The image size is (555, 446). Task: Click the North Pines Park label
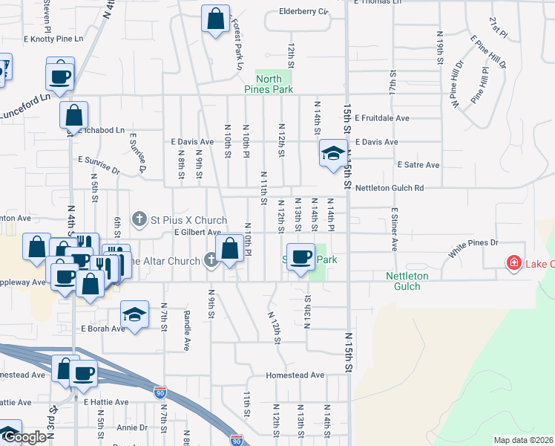click(x=273, y=83)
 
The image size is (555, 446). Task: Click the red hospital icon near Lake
click(x=513, y=262)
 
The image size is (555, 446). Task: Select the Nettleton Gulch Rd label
click(x=388, y=188)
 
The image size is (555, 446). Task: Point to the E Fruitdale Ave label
click(x=382, y=118)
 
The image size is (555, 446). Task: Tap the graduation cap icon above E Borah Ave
click(x=134, y=314)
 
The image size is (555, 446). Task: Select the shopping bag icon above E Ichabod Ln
click(x=74, y=115)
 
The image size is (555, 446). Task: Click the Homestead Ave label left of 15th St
click(x=295, y=375)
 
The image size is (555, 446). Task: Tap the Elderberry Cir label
click(x=303, y=11)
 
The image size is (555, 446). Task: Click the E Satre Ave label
click(x=418, y=164)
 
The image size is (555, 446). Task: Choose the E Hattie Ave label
click(x=106, y=402)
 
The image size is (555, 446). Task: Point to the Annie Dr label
click(x=132, y=427)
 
